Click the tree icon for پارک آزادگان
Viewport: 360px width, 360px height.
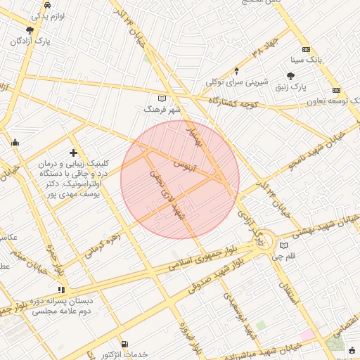[x=30, y=30]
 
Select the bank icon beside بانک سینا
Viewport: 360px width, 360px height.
[x=306, y=49]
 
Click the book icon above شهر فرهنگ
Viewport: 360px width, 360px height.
[x=162, y=98]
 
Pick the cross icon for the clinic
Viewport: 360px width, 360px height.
[x=73, y=153]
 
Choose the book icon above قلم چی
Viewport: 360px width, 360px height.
[x=283, y=245]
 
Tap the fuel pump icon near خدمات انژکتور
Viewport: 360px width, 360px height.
[x=124, y=345]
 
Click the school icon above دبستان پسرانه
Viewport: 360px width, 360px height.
[x=62, y=289]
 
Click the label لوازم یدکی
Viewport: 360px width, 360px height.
[x=47, y=14]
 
